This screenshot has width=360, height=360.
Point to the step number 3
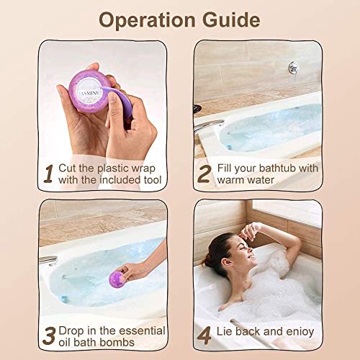(x=49, y=336)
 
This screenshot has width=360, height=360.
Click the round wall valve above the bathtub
(x=294, y=67)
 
